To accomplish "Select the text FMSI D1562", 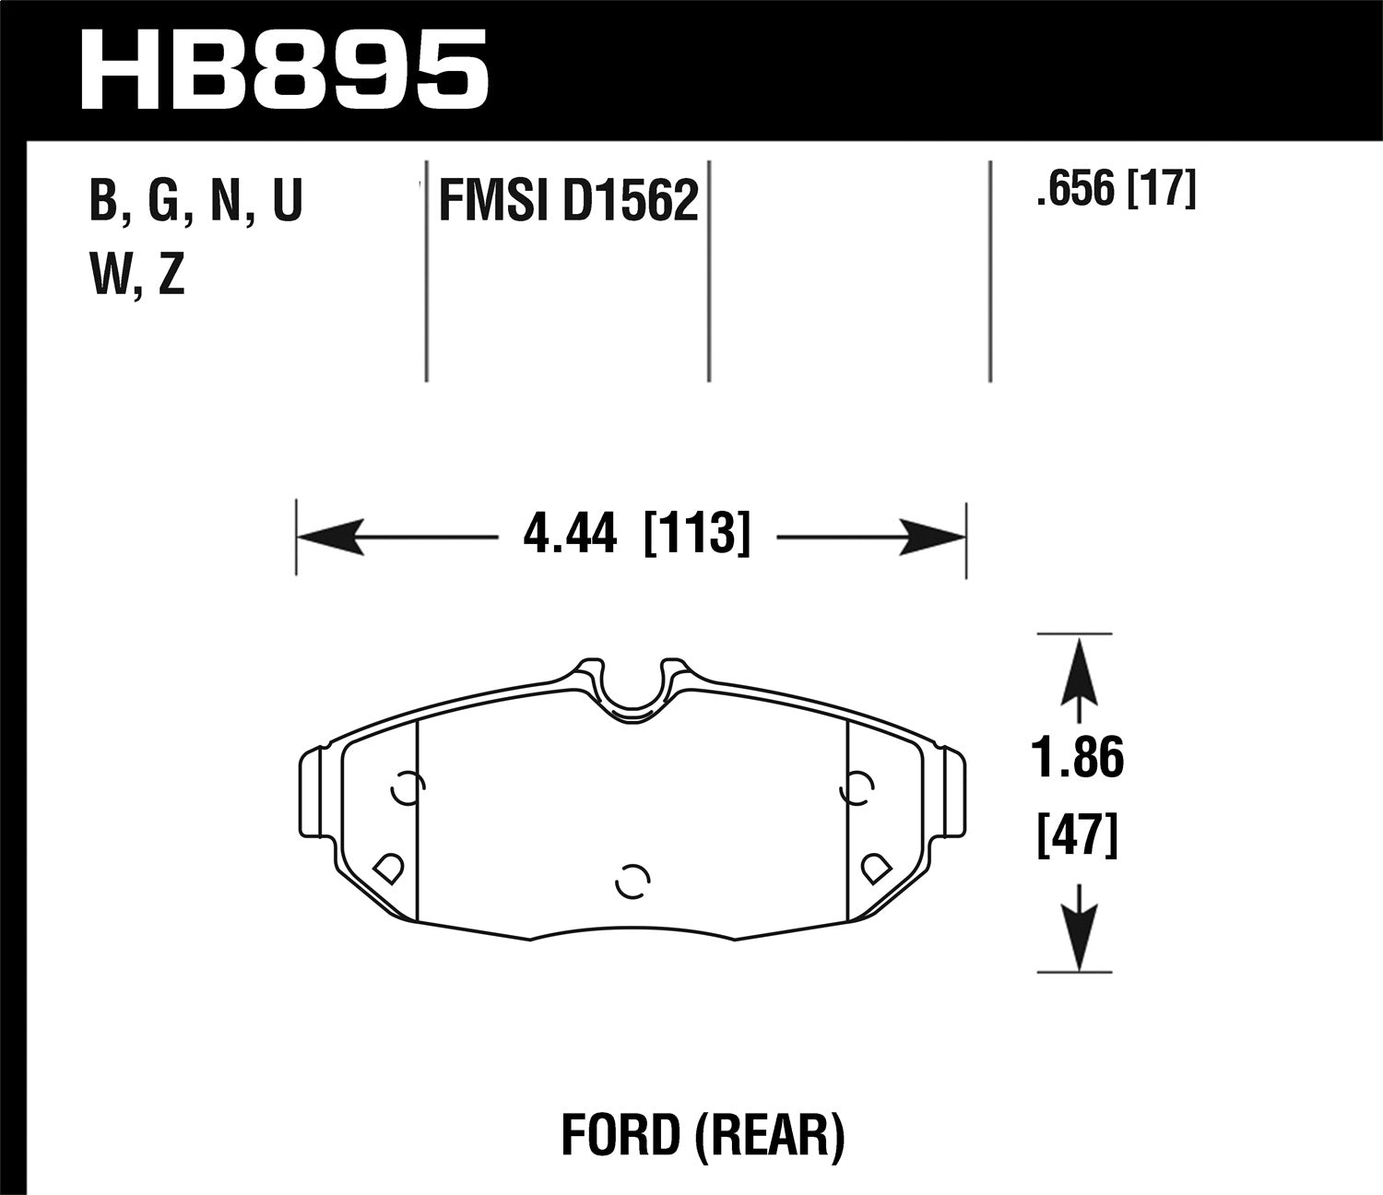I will click(x=568, y=201).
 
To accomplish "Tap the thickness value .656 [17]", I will click(x=1116, y=192).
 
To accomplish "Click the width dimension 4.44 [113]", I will click(x=636, y=535).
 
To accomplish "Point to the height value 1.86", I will click(x=1078, y=759).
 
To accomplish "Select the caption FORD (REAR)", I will click(x=703, y=1135).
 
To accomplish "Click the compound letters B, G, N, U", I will click(x=195, y=201).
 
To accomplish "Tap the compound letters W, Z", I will click(x=137, y=275).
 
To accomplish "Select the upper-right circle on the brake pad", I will click(x=857, y=787).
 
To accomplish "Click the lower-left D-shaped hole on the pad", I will click(x=387, y=867).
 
